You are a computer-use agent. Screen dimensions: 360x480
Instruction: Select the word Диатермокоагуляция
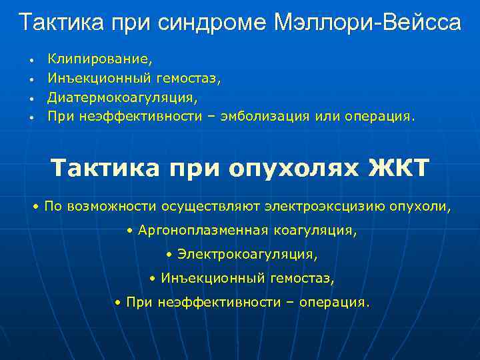[x=122, y=97]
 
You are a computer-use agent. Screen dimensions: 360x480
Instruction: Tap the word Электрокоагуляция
[x=247, y=255]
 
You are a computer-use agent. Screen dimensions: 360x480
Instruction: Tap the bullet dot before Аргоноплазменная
[x=129, y=231]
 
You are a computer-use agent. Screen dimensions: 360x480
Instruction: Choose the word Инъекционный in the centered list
[x=201, y=279]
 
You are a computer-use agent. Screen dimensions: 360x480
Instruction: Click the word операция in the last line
[x=333, y=303]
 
